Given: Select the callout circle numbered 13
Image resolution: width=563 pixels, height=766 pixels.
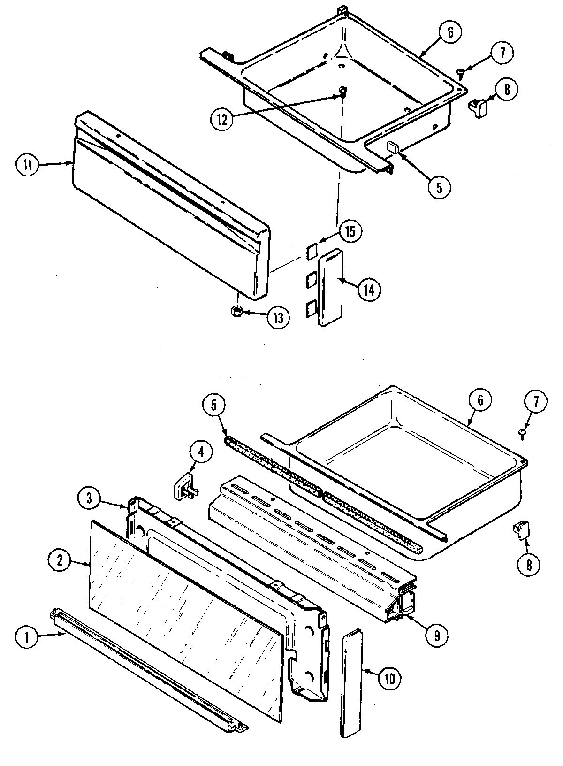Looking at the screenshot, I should (278, 318).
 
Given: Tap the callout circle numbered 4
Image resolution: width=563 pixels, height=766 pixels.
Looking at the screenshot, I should (201, 452).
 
